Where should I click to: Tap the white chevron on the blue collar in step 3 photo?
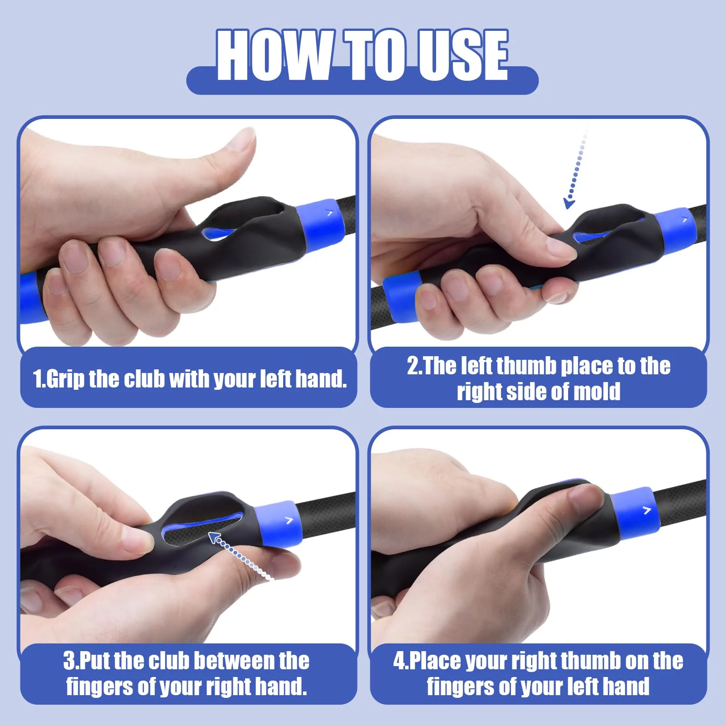289,520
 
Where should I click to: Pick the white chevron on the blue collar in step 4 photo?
647,510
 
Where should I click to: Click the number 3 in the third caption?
69,661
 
